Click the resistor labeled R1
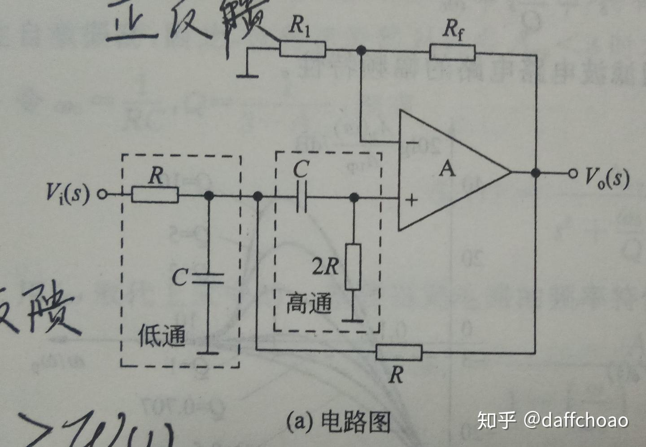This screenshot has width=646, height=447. tap(303, 48)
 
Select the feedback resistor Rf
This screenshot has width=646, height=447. tap(452, 52)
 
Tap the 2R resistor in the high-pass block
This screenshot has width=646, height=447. tap(353, 267)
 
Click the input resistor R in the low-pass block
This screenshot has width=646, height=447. tap(155, 195)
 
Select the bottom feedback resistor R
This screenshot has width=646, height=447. tap(399, 352)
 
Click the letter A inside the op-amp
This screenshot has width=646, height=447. tap(447, 169)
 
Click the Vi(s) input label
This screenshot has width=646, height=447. tap(67, 193)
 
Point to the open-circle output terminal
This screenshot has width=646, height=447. tap(572, 173)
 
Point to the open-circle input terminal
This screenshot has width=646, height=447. tap(102, 195)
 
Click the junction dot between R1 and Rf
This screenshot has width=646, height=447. tap(361, 50)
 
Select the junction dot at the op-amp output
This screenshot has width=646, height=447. tap(535, 173)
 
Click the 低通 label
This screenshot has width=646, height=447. tap(161, 336)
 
